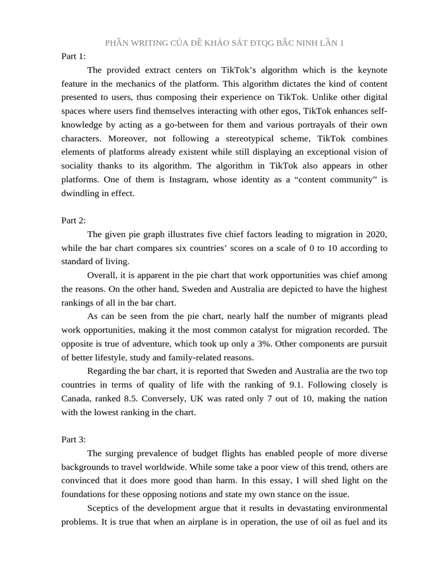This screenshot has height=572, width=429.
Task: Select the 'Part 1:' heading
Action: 74,56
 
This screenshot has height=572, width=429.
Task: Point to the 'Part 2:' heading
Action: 74,220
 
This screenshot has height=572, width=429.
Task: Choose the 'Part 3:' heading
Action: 74,439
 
